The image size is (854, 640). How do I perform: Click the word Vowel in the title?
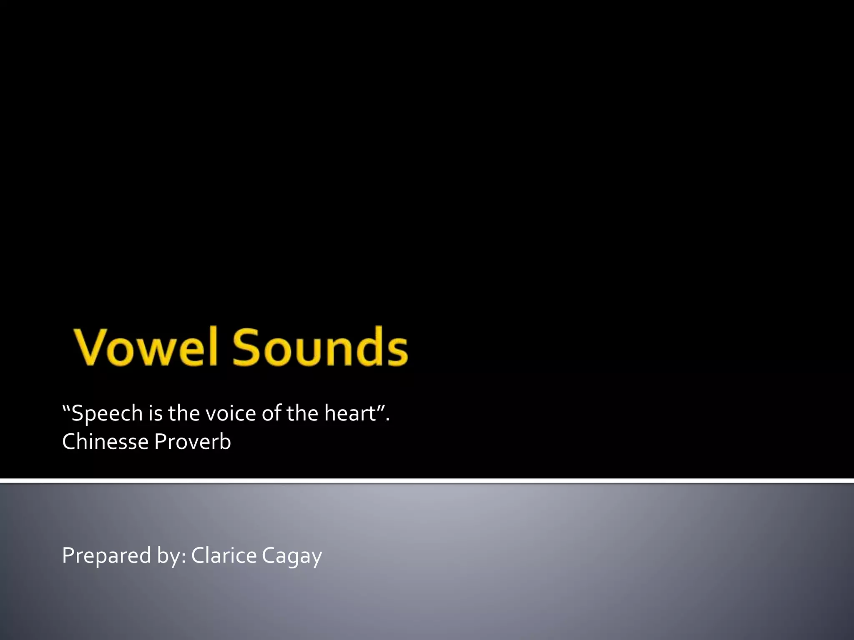146,347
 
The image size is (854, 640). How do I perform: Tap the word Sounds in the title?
320,347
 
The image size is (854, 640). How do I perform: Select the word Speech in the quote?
107,413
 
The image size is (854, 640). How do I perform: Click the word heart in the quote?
350,413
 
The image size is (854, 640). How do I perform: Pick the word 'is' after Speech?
156,413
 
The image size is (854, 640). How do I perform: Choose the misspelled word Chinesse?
105,442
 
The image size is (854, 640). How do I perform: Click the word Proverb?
192,442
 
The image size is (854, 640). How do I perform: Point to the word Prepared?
106,556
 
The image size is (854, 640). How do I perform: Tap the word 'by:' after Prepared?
171,556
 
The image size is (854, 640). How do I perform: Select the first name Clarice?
224,555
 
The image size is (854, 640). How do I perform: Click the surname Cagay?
292,556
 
